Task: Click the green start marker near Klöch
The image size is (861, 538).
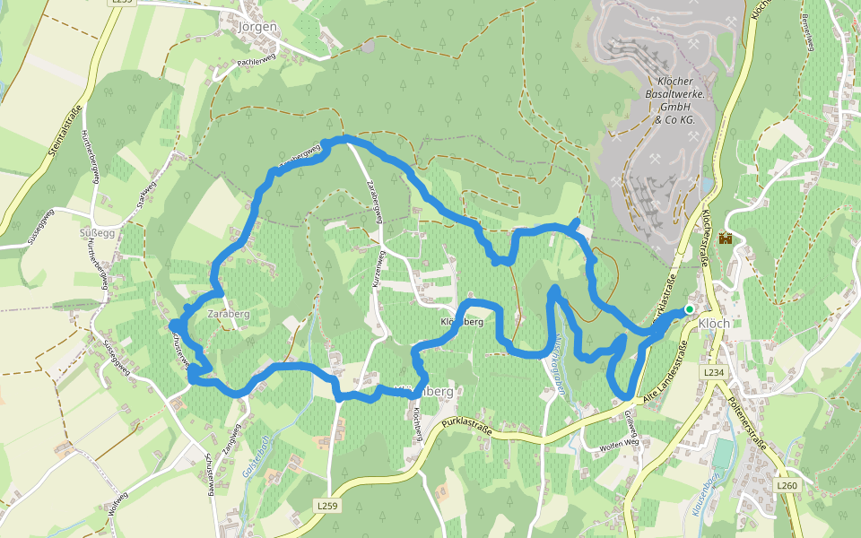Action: pos(689,309)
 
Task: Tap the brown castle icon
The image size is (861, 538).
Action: pos(725,239)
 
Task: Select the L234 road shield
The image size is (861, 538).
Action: pos(713,371)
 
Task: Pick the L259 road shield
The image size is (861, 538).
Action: pos(328,506)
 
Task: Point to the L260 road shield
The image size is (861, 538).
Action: pos(787,485)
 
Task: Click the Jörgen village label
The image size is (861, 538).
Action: pos(257,26)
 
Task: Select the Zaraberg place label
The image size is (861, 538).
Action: pos(227,316)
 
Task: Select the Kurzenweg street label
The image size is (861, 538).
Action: pos(378,269)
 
